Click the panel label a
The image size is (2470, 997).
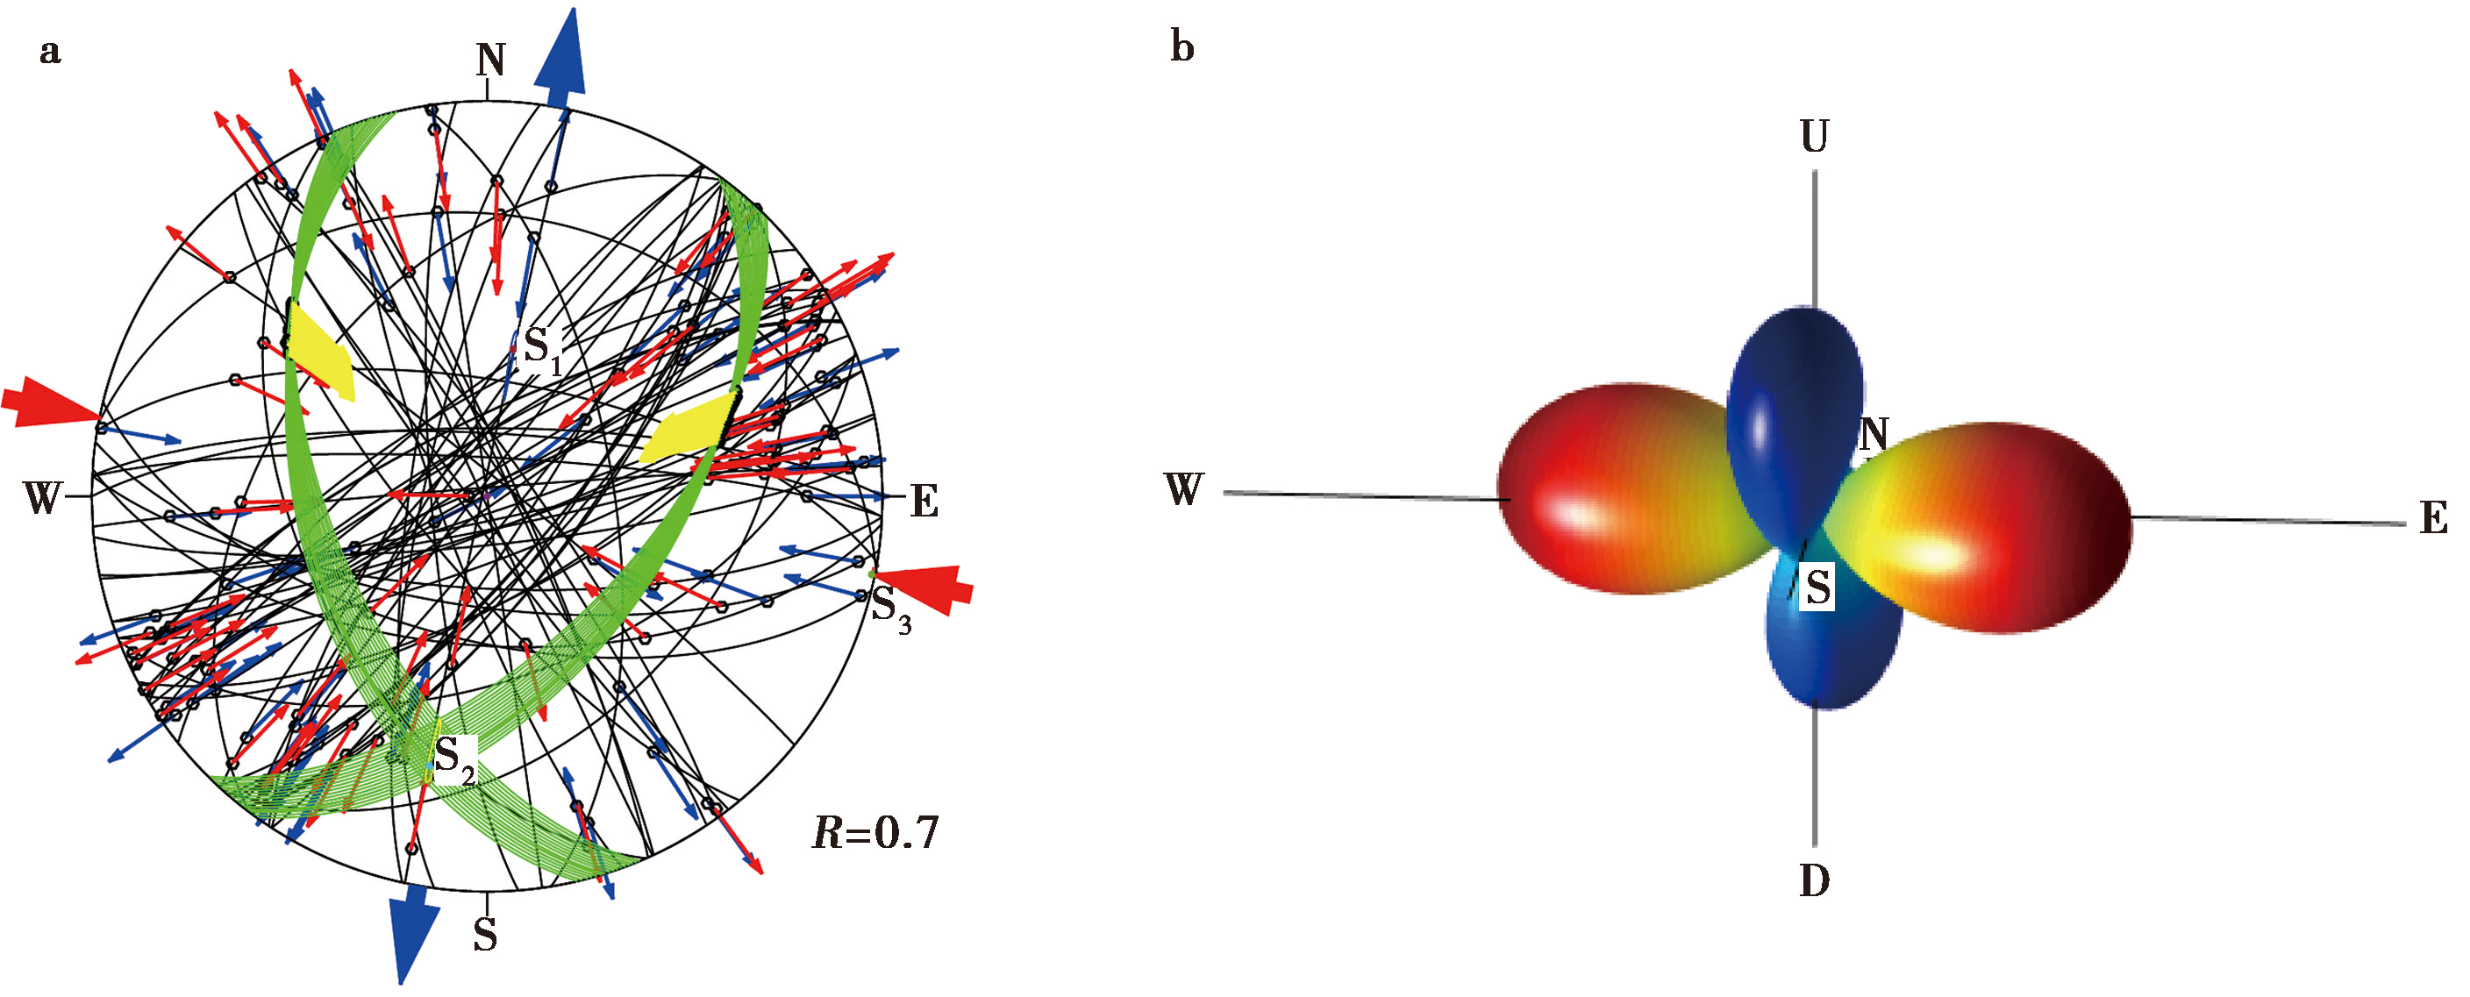point(50,52)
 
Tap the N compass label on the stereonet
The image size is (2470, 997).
point(491,61)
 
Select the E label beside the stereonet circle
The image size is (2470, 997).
point(924,502)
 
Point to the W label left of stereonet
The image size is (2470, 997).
point(43,498)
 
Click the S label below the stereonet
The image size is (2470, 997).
point(485,935)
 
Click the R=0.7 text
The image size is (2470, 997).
point(875,833)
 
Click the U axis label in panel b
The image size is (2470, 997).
point(1814,137)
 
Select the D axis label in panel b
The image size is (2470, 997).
point(1814,880)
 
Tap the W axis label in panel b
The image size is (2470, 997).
point(1184,490)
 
